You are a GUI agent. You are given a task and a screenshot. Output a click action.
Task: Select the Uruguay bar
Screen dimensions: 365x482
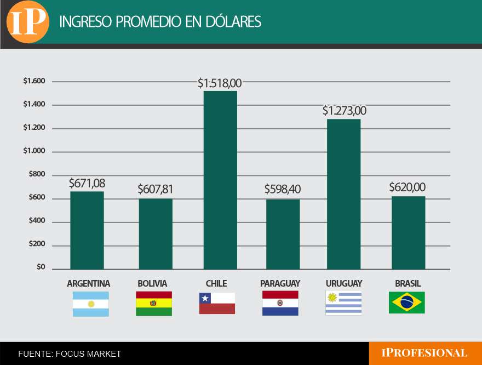point(344,194)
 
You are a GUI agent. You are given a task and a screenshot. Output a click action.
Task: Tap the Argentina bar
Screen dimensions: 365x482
point(87,230)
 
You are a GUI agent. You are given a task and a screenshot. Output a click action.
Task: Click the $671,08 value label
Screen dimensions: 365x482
point(87,183)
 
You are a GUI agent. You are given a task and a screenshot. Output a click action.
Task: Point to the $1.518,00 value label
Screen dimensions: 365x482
point(220,83)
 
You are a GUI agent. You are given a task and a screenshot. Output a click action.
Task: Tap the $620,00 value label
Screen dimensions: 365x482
point(407,187)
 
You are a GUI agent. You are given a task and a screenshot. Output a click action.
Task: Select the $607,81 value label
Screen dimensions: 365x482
point(155,190)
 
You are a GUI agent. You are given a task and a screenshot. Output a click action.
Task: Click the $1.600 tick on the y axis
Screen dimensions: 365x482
point(34,81)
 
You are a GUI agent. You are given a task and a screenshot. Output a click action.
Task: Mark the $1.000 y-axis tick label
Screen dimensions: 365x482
point(34,151)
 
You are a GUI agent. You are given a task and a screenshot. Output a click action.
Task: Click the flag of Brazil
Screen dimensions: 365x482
point(406,303)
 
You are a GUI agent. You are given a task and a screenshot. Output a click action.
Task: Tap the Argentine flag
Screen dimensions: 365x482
point(91,304)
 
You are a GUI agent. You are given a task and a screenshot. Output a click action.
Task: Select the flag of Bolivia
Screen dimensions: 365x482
point(154,304)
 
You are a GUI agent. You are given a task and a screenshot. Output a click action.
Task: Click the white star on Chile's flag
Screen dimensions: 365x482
point(205,299)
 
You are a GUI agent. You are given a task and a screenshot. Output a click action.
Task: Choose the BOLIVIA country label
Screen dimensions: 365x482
point(152,283)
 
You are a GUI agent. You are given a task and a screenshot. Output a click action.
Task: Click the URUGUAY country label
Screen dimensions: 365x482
point(344,283)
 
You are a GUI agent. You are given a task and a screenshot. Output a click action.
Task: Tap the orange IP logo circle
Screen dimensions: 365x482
point(27,22)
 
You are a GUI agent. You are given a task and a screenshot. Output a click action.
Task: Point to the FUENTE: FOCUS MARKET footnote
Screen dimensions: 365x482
point(70,354)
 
